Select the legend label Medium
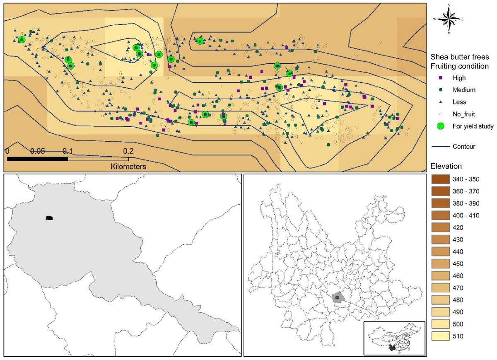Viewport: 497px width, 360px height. (x=464, y=89)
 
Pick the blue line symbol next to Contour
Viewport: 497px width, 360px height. (x=440, y=146)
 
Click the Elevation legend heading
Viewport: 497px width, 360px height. (x=446, y=166)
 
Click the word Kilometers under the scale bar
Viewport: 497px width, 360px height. (x=128, y=167)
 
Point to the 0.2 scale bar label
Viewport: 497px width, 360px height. (x=128, y=150)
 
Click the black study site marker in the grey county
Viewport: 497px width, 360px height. (x=49, y=218)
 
